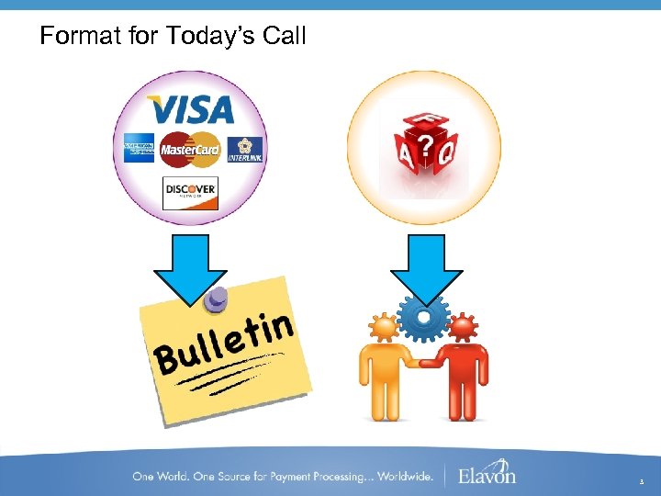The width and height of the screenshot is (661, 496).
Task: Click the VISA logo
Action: pyautogui.click(x=191, y=110)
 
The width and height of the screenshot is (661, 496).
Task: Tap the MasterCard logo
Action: pyautogui.click(x=190, y=148)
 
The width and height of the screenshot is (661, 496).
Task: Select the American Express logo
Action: pyautogui.click(x=140, y=148)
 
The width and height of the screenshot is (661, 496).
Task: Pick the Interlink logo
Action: pyautogui.click(x=245, y=149)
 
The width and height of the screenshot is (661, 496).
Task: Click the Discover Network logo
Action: pyautogui.click(x=190, y=192)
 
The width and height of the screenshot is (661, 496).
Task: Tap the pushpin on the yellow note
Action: pyautogui.click(x=218, y=299)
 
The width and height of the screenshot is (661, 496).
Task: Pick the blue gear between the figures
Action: pyautogui.click(x=423, y=317)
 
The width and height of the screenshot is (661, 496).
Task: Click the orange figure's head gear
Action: pyautogui.click(x=383, y=327)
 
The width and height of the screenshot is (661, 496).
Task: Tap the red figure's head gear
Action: pyautogui.click(x=464, y=327)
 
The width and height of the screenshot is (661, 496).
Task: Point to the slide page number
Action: pyautogui.click(x=643, y=479)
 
